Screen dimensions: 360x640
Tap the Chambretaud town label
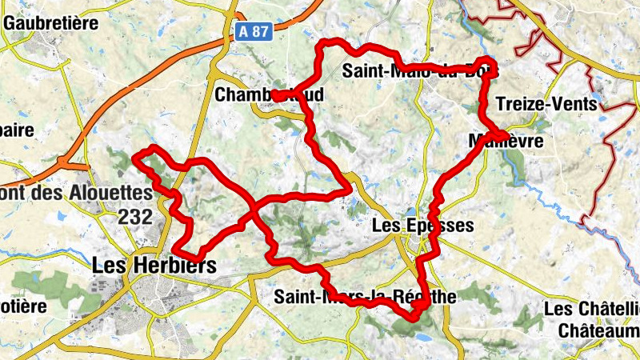tap(270, 95)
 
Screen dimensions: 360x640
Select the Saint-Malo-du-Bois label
tap(420, 71)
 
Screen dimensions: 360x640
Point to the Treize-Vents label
tap(546, 103)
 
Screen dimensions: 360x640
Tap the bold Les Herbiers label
tap(154, 265)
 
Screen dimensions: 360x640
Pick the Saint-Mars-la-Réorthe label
tap(365, 297)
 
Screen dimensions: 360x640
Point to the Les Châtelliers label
tap(592, 309)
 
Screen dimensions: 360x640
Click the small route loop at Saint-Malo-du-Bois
tap(485, 65)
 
